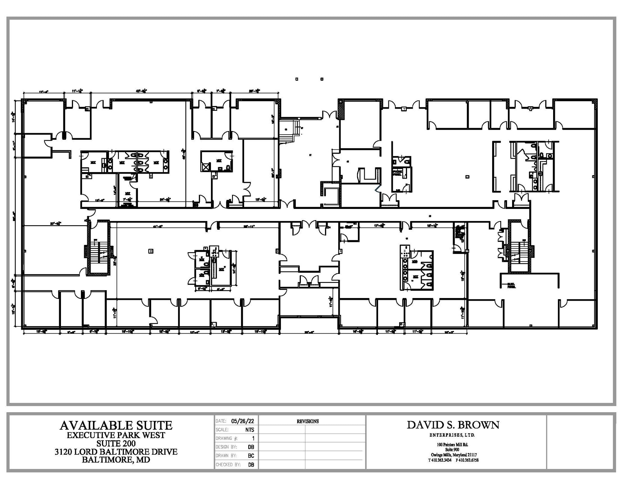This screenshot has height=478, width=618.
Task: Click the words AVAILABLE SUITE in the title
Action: click(116, 425)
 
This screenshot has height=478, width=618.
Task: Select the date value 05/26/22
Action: click(242, 421)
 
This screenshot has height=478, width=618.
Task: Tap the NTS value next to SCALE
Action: click(250, 430)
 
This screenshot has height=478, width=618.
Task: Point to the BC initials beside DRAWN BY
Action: click(251, 456)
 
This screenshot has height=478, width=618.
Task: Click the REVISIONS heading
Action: click(307, 421)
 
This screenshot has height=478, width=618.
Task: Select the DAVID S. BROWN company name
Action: click(453, 425)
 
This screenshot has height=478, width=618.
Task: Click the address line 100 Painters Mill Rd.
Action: click(453, 444)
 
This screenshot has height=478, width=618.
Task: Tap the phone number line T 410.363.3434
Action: click(439, 460)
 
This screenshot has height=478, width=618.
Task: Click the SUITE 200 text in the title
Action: click(116, 443)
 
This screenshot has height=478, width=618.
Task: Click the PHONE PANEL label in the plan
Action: click(397, 173)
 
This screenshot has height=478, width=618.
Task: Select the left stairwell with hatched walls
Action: click(98, 249)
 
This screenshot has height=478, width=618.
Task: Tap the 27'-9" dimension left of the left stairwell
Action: click(56, 224)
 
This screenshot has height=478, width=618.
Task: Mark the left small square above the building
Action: click(297, 79)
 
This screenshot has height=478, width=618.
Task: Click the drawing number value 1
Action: click(253, 438)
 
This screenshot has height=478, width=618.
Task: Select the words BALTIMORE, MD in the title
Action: click(116, 460)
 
